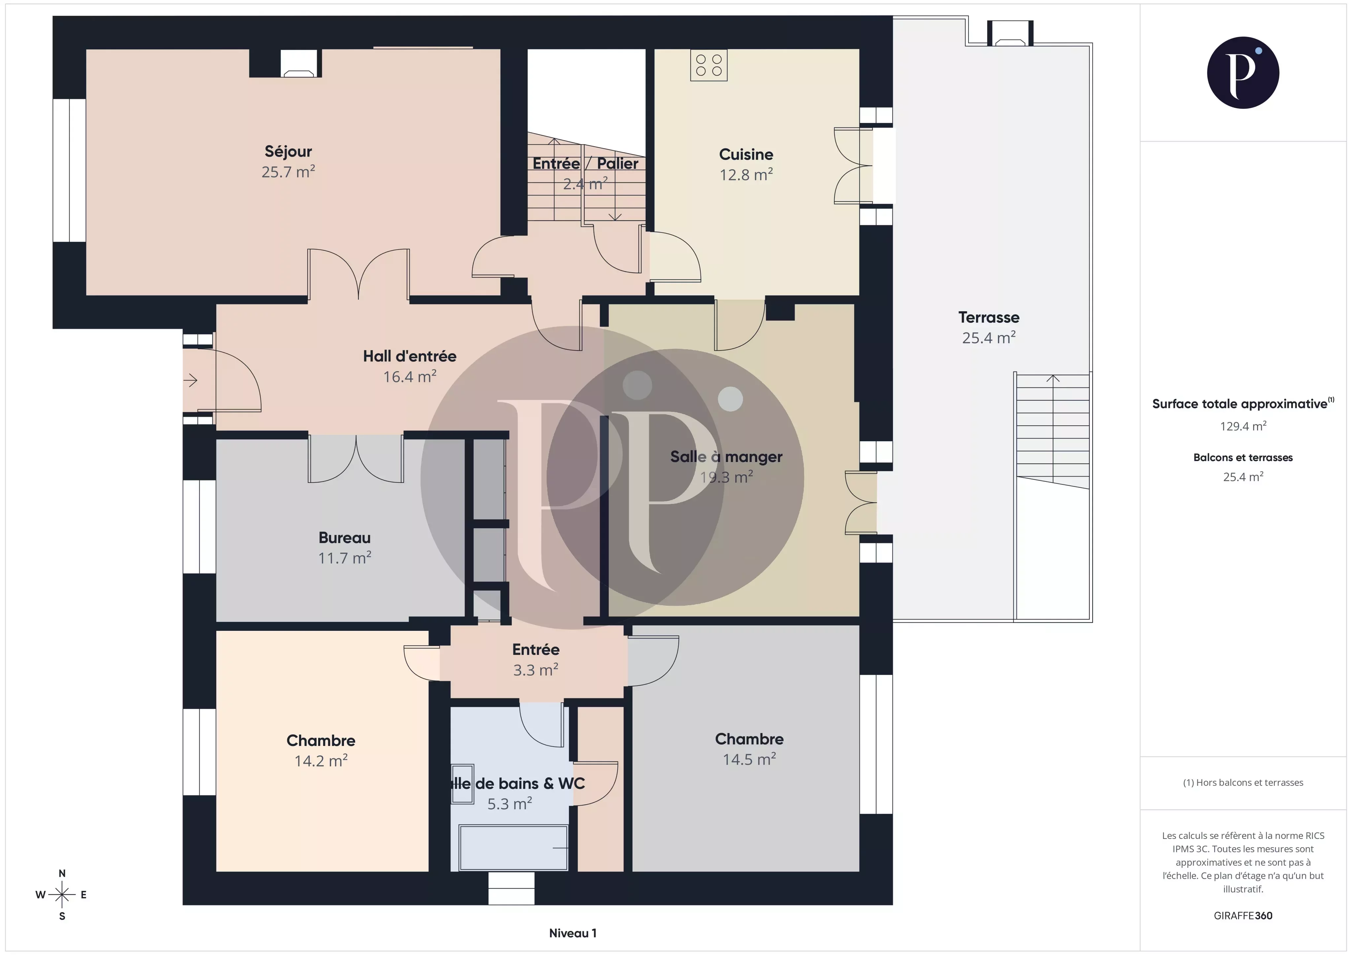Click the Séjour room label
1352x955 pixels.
tap(288, 152)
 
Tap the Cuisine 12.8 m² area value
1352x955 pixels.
tap(746, 175)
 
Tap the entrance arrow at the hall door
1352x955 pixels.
tap(191, 381)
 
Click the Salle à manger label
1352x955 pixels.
tap(726, 457)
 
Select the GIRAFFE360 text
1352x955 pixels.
tap(1242, 915)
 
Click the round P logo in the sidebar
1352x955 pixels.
tap(1242, 73)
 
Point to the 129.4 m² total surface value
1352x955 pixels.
tap(1242, 426)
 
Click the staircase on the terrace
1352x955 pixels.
tap(1052, 430)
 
